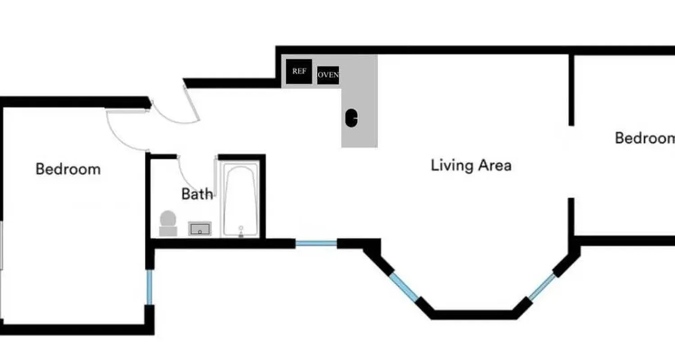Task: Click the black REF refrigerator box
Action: [x=299, y=72]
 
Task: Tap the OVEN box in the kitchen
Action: [x=328, y=75]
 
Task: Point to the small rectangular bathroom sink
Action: [x=199, y=229]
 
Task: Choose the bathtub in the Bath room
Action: [x=241, y=200]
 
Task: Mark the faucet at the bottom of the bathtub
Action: [x=241, y=231]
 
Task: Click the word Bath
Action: [x=197, y=194]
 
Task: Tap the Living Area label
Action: [x=471, y=165]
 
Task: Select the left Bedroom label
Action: [x=68, y=169]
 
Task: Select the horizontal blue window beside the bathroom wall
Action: [x=316, y=243]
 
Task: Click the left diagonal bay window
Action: [x=404, y=286]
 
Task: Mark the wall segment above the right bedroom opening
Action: [x=571, y=90]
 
